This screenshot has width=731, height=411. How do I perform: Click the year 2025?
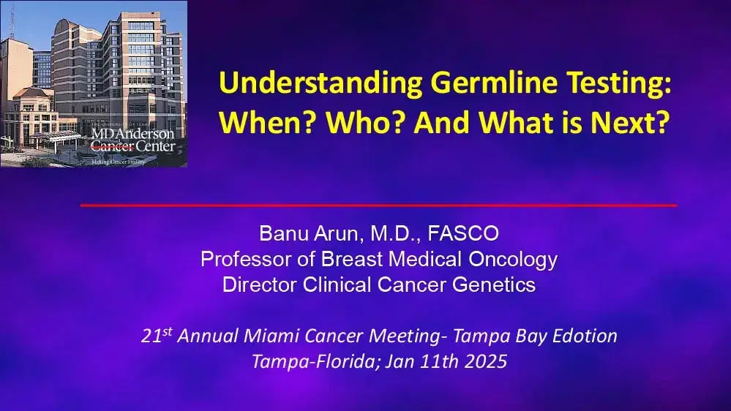tap(483, 361)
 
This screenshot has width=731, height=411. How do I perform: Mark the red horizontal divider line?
tap(378, 205)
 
